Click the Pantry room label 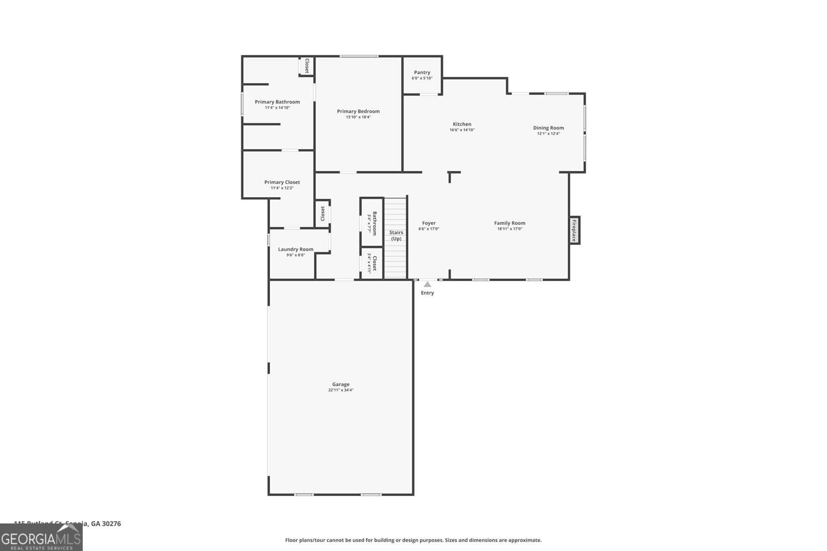pos(422,73)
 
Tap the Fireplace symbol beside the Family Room pos(574,230)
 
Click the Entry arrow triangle pos(427,285)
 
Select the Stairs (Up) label pos(396,235)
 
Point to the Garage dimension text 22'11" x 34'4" pos(341,390)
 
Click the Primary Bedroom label pos(358,112)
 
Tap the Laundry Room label pos(296,249)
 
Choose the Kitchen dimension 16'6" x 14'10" pos(462,130)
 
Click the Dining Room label pos(548,128)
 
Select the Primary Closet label pos(282,182)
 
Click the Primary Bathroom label pos(277,102)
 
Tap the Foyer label pos(428,224)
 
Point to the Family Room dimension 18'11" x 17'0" pos(510,229)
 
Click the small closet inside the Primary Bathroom pos(306,66)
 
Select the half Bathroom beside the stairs pos(372,222)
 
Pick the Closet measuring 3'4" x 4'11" pos(372,263)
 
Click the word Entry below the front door pos(427,293)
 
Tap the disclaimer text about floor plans pos(413,540)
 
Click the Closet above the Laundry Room pos(323,213)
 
